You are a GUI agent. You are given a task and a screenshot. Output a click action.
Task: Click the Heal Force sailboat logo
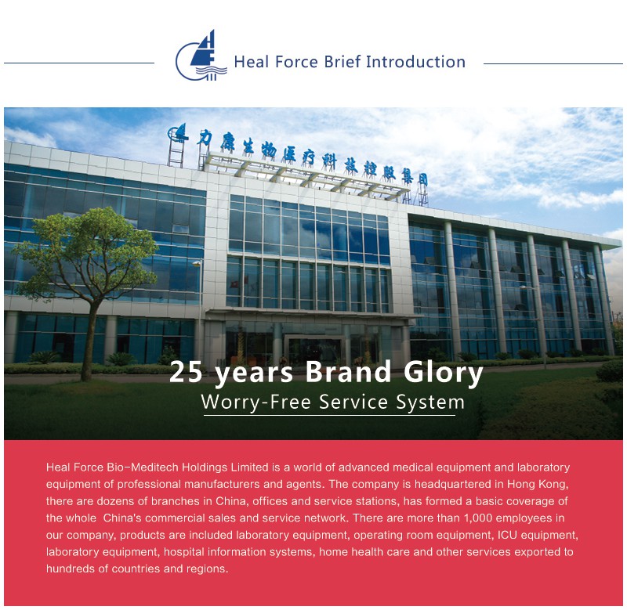201,56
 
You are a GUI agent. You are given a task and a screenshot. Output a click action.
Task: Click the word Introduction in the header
416,62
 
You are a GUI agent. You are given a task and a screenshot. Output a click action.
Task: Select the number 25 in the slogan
186,372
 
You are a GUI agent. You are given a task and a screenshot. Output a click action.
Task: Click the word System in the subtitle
430,402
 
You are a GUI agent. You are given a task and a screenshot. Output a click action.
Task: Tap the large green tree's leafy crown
86,251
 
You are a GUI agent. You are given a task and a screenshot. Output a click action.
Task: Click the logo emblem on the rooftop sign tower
177,133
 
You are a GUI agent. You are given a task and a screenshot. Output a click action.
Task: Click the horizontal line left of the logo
79,63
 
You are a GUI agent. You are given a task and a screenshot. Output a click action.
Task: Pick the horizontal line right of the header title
553,63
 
